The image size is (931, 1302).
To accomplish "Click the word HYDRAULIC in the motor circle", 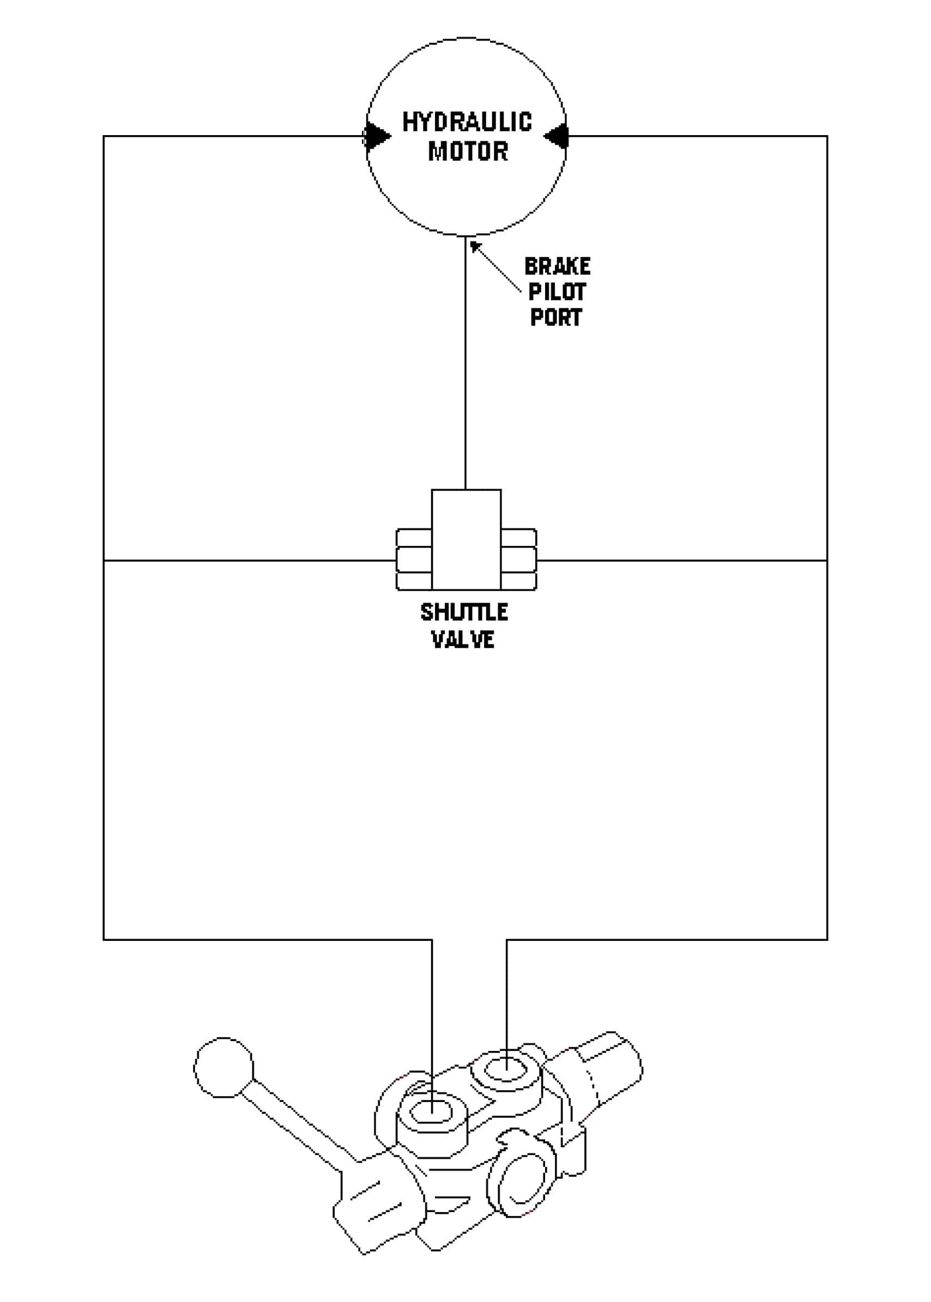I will tap(467, 122).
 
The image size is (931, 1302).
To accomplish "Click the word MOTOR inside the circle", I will tap(468, 151).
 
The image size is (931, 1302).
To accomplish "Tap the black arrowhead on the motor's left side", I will tap(377, 136).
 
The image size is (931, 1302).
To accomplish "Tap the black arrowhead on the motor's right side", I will tap(555, 136).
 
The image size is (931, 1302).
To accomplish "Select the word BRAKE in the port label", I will tap(557, 266).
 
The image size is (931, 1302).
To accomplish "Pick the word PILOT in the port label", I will tap(557, 292).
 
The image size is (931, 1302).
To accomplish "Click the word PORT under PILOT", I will tap(555, 318).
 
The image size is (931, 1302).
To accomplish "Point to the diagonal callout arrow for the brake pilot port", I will tap(495, 267).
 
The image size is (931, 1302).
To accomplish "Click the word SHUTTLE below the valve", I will tap(464, 612).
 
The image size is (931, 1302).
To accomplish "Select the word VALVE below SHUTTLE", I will tap(463, 639).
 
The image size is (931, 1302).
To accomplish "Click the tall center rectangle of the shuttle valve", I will tap(466, 539).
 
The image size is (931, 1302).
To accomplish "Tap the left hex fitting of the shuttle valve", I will tap(414, 559).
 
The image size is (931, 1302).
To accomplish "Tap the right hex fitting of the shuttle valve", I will tap(519, 559).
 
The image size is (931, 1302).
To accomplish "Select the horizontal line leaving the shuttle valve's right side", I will tap(682, 560).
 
